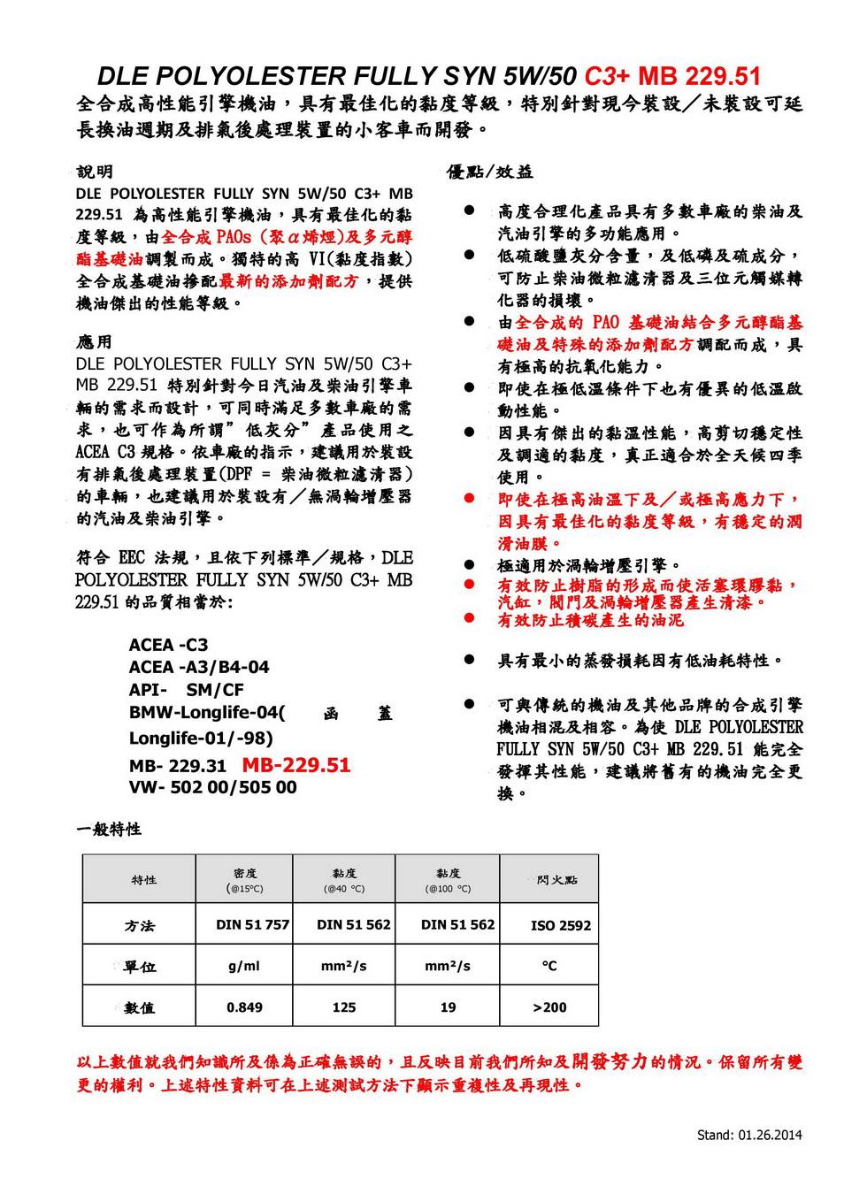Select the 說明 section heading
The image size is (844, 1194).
click(x=95, y=172)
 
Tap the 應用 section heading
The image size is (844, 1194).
click(x=95, y=341)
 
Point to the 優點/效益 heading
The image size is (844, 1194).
click(x=490, y=172)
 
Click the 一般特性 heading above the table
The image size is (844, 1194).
click(x=109, y=830)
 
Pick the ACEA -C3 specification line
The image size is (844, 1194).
click(x=168, y=645)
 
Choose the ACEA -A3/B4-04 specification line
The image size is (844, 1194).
click(x=199, y=667)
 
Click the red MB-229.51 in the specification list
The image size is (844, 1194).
click(x=296, y=765)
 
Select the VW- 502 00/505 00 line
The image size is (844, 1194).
click(x=212, y=787)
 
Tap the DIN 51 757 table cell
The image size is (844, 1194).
click(x=252, y=925)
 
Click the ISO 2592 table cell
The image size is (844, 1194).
click(x=561, y=926)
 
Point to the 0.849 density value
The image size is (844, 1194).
click(x=244, y=1007)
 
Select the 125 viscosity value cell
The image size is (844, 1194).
click(x=344, y=1007)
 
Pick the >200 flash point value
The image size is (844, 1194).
click(x=550, y=1007)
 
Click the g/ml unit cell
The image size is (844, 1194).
click(x=244, y=967)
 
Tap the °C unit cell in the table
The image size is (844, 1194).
click(x=549, y=966)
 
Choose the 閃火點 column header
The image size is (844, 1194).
click(x=557, y=880)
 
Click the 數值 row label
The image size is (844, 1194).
click(x=140, y=1008)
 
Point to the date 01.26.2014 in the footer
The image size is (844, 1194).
click(x=769, y=1135)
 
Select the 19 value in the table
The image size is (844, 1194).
click(x=448, y=1007)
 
